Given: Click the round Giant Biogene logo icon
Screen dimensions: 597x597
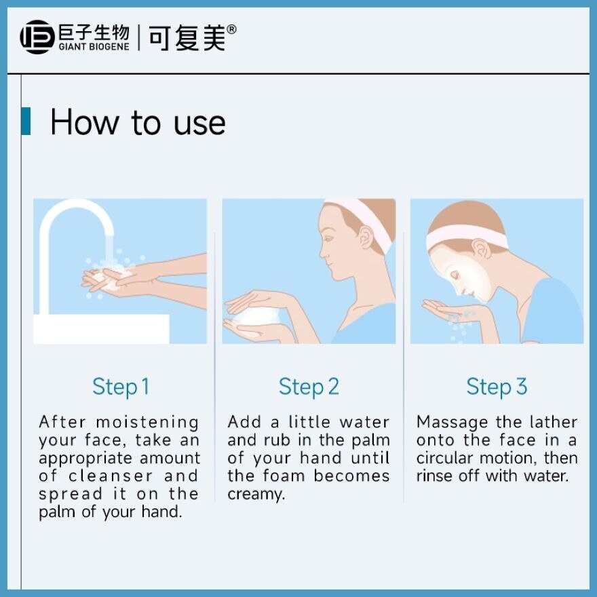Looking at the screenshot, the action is click(37, 37).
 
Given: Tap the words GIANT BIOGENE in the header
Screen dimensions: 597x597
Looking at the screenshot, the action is click(94, 47).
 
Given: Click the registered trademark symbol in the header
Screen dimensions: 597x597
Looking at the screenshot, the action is click(231, 29).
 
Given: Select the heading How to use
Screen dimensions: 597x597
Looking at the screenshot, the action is click(138, 122).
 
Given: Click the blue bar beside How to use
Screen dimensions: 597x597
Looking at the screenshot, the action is click(26, 121).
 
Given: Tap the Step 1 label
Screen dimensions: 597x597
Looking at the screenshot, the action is click(120, 387).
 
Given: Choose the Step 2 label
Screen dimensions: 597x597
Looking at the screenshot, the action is click(309, 387).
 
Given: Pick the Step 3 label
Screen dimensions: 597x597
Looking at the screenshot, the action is click(497, 387).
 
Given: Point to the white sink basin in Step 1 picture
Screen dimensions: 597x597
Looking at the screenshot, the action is click(101, 329).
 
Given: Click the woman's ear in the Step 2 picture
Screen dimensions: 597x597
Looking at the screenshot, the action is click(366, 237).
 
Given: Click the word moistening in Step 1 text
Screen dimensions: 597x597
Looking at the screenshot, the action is click(147, 423).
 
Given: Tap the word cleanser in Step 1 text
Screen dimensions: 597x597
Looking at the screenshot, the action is click(111, 476).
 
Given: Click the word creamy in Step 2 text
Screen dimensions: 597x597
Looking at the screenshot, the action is click(256, 495).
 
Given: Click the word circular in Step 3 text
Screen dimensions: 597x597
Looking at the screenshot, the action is click(444, 458).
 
